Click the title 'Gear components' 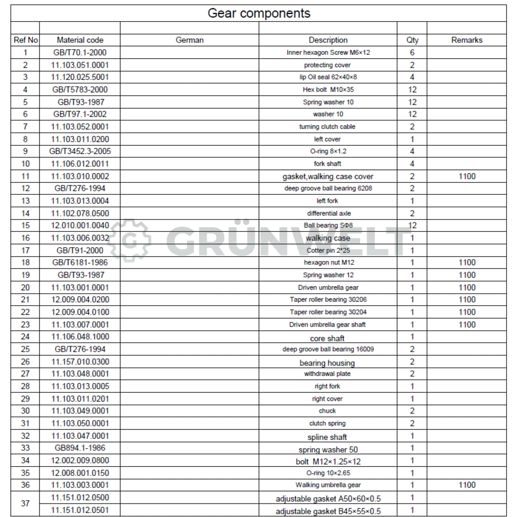coord(259,13)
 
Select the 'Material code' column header coord(80,40)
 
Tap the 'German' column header coord(189,40)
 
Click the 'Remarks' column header coord(467,40)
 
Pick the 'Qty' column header coord(412,40)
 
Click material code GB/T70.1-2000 coord(80,52)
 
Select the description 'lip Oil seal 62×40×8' coord(328,77)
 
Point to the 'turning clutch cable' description coord(327,126)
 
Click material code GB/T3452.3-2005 coord(80,151)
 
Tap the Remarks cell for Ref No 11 coord(467,176)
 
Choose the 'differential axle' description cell coord(329,213)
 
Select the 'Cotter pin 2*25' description coord(328,251)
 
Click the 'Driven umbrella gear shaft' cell coord(327,325)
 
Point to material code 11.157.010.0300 coord(80,362)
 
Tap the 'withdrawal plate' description coord(327,374)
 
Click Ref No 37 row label coord(25,503)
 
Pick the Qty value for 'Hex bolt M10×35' coord(412,90)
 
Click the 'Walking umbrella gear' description coord(328,485)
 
